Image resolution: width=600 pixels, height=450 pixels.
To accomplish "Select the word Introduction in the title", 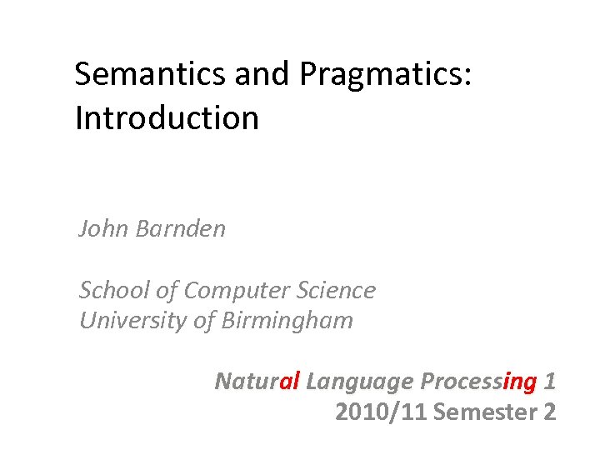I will tap(167, 118).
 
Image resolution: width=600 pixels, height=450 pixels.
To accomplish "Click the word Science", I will tap(336, 290).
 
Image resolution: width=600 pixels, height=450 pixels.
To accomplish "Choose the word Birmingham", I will tap(287, 321).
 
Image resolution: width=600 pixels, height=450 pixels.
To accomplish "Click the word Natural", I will tap(257, 382).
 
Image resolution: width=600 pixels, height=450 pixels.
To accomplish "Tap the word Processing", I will tap(478, 382).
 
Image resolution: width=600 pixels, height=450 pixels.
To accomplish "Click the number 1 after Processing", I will tap(548, 382).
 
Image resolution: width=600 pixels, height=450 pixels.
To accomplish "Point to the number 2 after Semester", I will tap(548, 412).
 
